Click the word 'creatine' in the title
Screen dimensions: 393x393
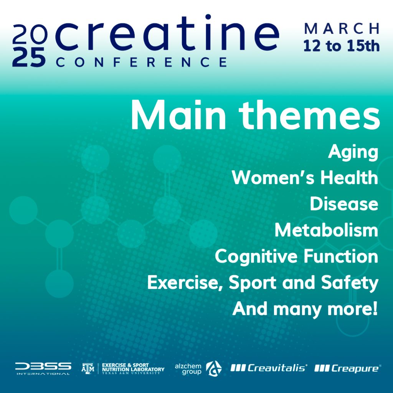tap(167, 33)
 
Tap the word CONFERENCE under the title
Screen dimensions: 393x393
tap(142, 62)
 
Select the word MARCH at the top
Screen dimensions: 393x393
tap(342, 28)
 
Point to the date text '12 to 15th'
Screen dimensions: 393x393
tap(341, 46)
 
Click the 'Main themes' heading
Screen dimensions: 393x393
tap(255, 115)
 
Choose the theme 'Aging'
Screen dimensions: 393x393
tap(353, 152)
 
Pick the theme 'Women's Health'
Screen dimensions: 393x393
tap(305, 178)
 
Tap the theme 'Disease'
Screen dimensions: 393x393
tap(344, 204)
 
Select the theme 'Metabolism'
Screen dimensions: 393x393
tap(326, 230)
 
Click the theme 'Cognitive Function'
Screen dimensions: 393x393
tap(297, 257)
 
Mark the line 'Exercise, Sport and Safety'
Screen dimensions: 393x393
tap(263, 283)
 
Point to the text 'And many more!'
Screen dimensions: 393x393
tap(305, 309)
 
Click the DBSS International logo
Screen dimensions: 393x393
tap(43, 368)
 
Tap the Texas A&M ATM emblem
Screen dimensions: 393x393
tap(88, 368)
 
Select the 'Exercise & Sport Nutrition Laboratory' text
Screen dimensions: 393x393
tap(133, 368)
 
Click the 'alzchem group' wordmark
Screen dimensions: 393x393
tap(188, 369)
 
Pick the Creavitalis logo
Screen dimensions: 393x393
tap(269, 368)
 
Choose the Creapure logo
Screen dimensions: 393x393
tap(348, 368)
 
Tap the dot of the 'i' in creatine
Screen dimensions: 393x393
tap(208, 17)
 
